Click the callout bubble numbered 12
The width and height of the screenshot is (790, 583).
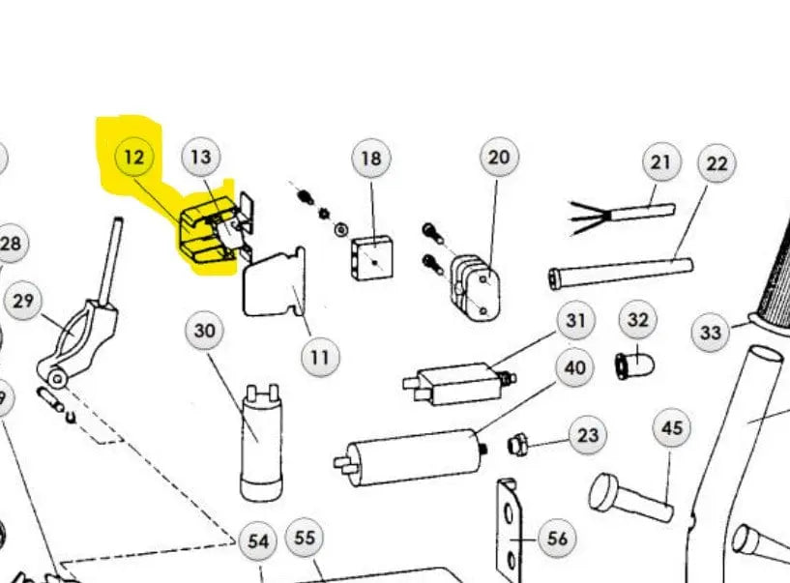point(133,157)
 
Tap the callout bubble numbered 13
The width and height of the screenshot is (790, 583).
point(200,157)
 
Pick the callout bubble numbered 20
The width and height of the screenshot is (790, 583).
point(498,158)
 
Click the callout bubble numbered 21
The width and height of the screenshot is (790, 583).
point(660,162)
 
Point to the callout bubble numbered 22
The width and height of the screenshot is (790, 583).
point(717,163)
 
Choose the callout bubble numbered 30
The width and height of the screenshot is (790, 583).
point(205,332)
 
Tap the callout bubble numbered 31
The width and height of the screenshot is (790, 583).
point(576,320)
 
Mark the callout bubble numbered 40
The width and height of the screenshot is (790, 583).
point(575,368)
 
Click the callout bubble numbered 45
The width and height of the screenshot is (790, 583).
point(672,427)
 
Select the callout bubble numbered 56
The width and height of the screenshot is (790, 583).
point(557,539)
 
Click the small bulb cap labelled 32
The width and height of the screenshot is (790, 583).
point(635,365)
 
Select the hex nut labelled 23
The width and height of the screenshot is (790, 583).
point(517,445)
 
